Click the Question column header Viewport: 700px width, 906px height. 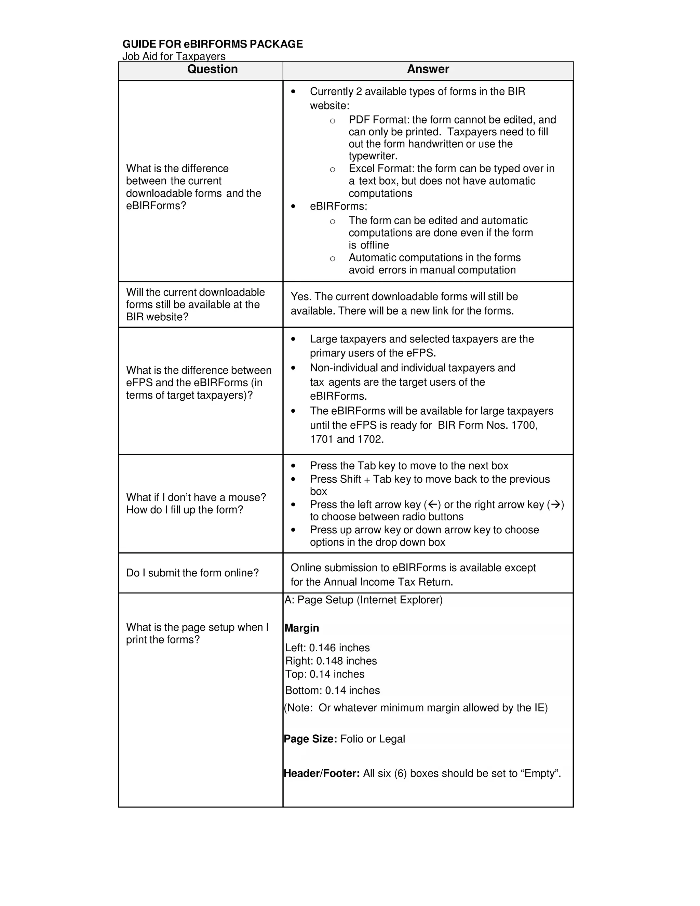coord(212,69)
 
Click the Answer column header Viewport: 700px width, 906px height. coord(428,69)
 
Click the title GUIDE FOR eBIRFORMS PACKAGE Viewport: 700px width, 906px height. coord(212,44)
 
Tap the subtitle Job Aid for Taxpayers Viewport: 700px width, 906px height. coord(174,56)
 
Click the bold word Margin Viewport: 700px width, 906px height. coord(301,628)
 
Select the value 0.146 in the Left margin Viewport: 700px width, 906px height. coord(322,648)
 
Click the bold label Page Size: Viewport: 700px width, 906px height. coord(310,739)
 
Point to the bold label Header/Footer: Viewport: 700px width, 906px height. coord(321,773)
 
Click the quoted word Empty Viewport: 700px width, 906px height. coord(539,773)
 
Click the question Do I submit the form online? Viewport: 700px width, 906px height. coord(192,573)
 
